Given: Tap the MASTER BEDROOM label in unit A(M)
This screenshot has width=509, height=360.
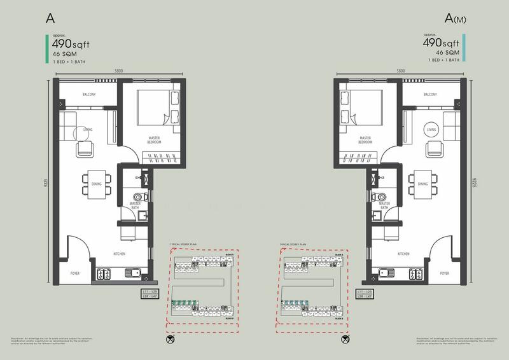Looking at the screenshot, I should coord(365,140).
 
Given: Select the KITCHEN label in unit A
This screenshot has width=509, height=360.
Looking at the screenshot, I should coord(120,253).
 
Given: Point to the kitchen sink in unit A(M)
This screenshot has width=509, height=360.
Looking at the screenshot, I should coord(384,273).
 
